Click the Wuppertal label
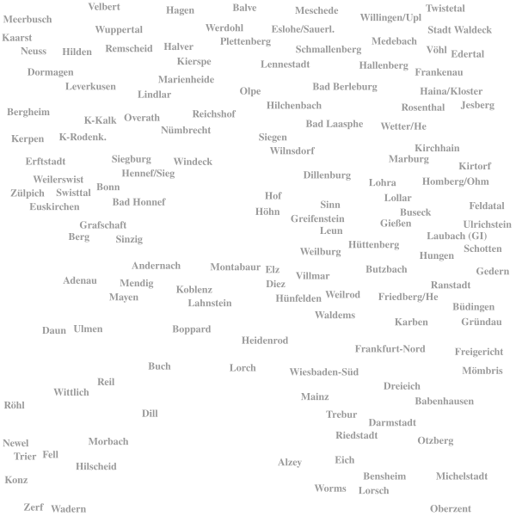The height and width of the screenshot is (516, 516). point(119,30)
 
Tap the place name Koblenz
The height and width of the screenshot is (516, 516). point(194,290)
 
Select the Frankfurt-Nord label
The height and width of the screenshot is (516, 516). point(390,349)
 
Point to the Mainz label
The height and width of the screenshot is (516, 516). point(315,396)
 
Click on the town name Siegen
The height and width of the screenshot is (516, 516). point(273,138)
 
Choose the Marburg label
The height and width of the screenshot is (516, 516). point(408,159)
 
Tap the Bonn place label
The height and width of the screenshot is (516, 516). point(108,187)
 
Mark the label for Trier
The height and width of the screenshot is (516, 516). point(25,457)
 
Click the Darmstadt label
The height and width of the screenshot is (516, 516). point(392,422)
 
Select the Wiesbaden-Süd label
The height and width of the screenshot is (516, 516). point(324,372)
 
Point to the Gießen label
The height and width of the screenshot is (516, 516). point(396,224)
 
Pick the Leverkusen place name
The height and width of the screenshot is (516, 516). point(90,87)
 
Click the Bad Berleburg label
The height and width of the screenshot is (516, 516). point(345,87)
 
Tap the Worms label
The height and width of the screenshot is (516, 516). point(330,488)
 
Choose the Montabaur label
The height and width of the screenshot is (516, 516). point(236,267)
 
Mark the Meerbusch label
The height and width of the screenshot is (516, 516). point(28,20)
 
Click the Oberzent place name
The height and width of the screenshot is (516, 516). point(451,509)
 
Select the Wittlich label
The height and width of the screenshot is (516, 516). point(71,392)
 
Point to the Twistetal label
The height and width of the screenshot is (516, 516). point(445,9)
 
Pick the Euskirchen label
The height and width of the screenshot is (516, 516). point(55,206)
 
